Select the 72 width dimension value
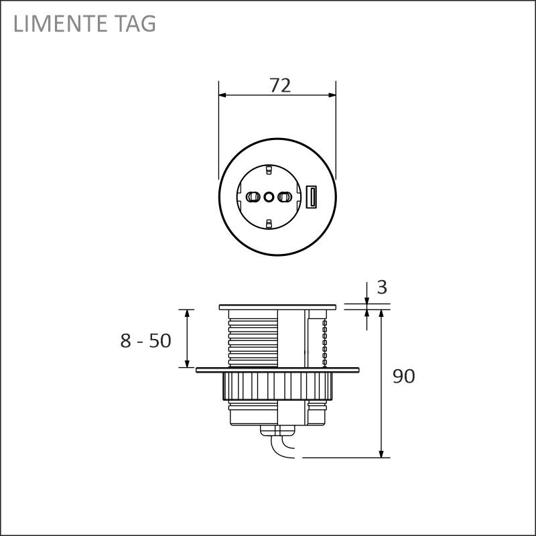[280, 86]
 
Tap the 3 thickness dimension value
[382, 287]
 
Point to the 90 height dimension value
[404, 376]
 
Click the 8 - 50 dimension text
[145, 341]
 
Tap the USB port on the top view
[311, 196]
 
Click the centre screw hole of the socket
[269, 196]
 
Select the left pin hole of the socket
[252, 196]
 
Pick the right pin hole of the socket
[285, 196]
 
